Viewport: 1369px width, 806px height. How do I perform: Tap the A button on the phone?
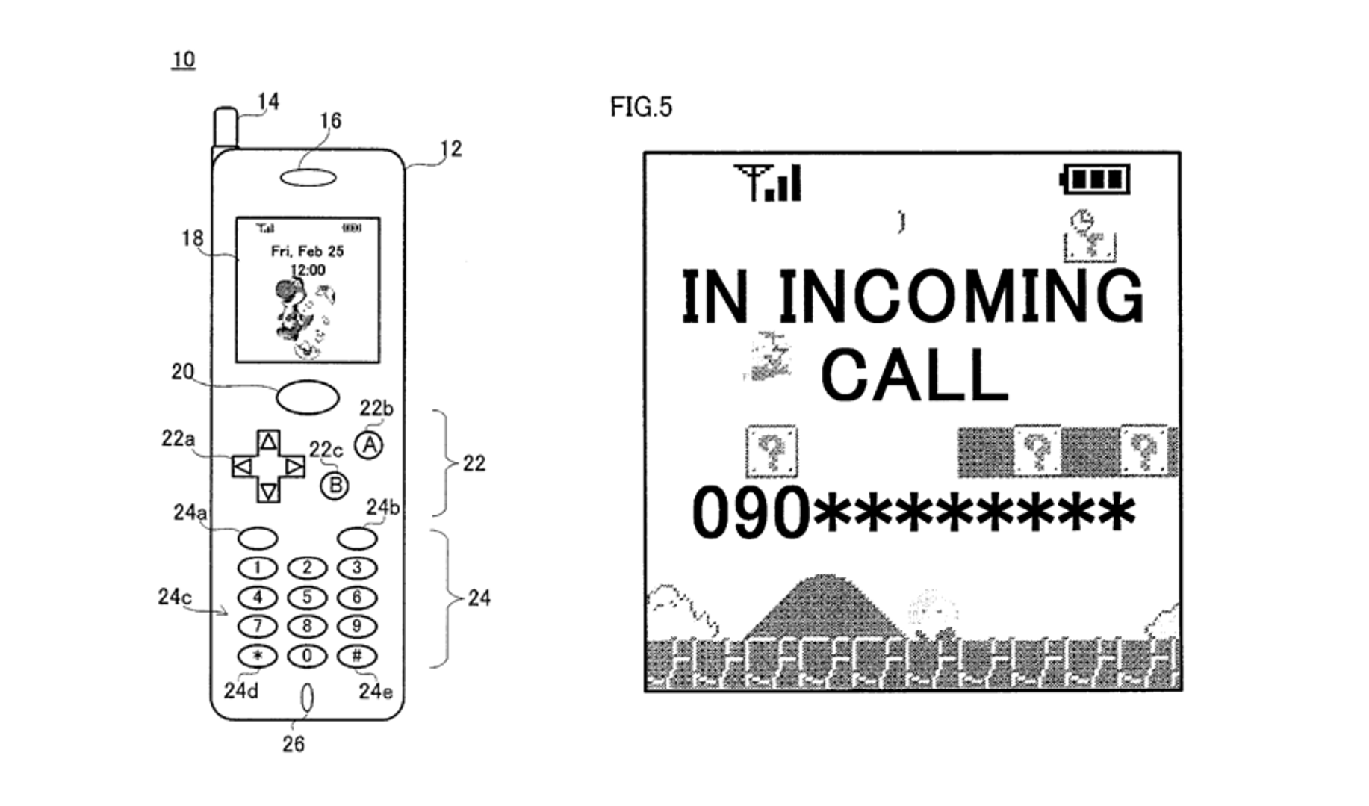(x=368, y=445)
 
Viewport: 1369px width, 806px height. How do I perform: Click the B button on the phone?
(x=335, y=486)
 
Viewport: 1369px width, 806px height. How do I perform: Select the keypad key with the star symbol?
(x=257, y=656)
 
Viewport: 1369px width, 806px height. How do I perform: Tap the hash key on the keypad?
(x=357, y=656)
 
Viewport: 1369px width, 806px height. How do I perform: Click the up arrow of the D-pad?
(x=268, y=441)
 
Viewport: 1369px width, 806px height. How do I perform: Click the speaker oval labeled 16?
(x=308, y=178)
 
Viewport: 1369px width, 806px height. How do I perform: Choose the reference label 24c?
(x=174, y=597)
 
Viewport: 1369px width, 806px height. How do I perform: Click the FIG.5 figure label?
(x=641, y=108)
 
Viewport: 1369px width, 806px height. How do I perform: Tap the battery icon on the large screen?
(x=1096, y=180)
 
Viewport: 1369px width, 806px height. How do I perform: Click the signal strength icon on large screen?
(x=767, y=183)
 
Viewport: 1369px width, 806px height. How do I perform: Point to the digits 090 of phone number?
(x=750, y=513)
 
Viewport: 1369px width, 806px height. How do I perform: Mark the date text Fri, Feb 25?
(x=307, y=251)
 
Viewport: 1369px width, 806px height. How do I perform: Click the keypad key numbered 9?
(x=357, y=626)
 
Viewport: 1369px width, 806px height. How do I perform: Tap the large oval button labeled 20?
(x=307, y=397)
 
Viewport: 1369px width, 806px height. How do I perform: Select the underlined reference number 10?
(x=183, y=59)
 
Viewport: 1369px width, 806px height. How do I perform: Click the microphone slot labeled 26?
(x=306, y=698)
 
